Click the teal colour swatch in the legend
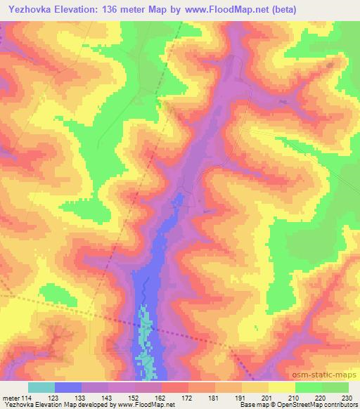pyautogui.click(x=41, y=387)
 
